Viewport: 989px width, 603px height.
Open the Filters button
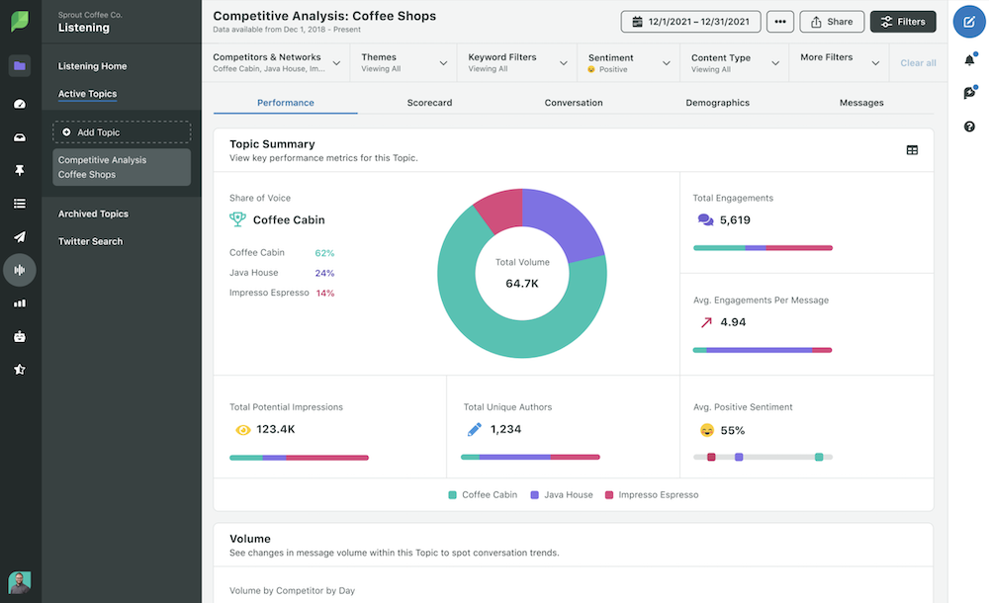(x=902, y=22)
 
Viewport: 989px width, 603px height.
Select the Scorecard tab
(x=429, y=103)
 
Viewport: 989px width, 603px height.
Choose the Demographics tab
(x=717, y=103)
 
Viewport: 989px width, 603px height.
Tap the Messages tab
(x=861, y=103)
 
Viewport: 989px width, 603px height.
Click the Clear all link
(x=918, y=63)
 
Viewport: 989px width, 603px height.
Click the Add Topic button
(x=122, y=132)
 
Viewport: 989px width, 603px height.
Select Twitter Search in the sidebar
(x=91, y=241)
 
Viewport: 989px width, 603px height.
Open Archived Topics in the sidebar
(x=93, y=214)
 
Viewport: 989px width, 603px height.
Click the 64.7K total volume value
(x=521, y=284)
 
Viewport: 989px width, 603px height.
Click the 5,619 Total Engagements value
(x=735, y=220)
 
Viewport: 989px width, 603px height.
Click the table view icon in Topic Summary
(x=912, y=150)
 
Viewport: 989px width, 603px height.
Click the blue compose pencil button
(x=969, y=22)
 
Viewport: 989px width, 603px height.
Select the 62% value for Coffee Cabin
(x=324, y=253)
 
